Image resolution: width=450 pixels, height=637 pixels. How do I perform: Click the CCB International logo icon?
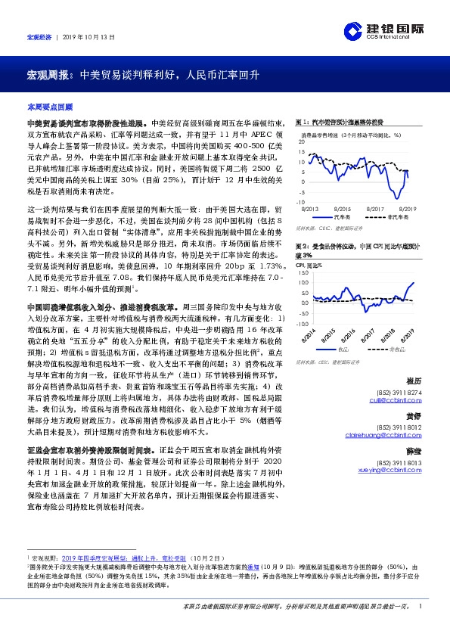pyautogui.click(x=353, y=30)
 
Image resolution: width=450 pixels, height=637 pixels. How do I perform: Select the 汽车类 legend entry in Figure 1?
pyautogui.click(x=340, y=216)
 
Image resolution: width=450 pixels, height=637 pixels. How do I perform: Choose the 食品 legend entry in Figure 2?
pyautogui.click(x=343, y=350)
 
